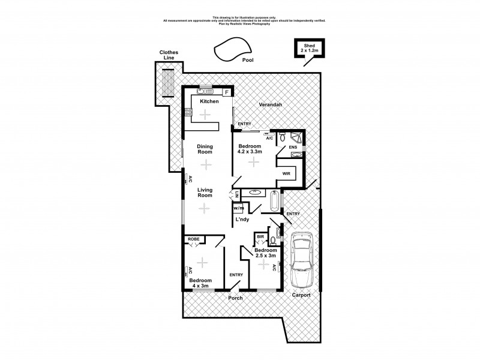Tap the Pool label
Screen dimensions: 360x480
click(247, 61)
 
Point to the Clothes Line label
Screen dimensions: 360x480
click(169, 56)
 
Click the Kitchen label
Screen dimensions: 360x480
click(209, 101)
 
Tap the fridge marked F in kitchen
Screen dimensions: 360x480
click(227, 92)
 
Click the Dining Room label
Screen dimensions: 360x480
click(206, 149)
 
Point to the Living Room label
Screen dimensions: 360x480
click(206, 192)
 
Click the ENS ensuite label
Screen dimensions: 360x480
click(293, 147)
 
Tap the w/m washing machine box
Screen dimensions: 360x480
click(238, 208)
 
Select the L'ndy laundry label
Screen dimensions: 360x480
click(242, 220)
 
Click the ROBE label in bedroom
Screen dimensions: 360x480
click(194, 239)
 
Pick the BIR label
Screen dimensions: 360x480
click(260, 237)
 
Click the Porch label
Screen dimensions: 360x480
click(234, 298)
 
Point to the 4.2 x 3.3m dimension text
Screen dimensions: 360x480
click(250, 152)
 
